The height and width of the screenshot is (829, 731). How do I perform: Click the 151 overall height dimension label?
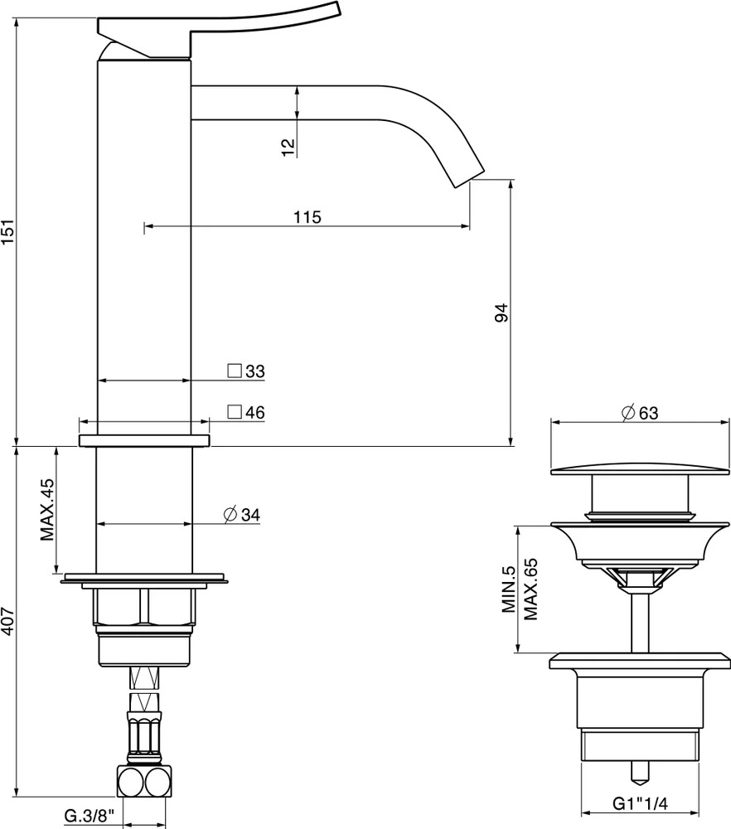(x=8, y=231)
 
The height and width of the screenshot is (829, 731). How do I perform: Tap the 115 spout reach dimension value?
(x=307, y=216)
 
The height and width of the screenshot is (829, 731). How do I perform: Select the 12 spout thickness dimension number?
(x=288, y=147)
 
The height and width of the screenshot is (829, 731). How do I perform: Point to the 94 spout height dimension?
(x=501, y=313)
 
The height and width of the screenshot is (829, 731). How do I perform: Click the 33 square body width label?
(x=246, y=371)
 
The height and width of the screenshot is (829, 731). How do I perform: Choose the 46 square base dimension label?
(x=246, y=412)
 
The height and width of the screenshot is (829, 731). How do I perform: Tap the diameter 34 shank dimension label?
(x=242, y=515)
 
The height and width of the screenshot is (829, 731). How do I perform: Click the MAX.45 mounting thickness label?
(x=47, y=509)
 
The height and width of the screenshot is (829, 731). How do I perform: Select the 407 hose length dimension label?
(x=8, y=622)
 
